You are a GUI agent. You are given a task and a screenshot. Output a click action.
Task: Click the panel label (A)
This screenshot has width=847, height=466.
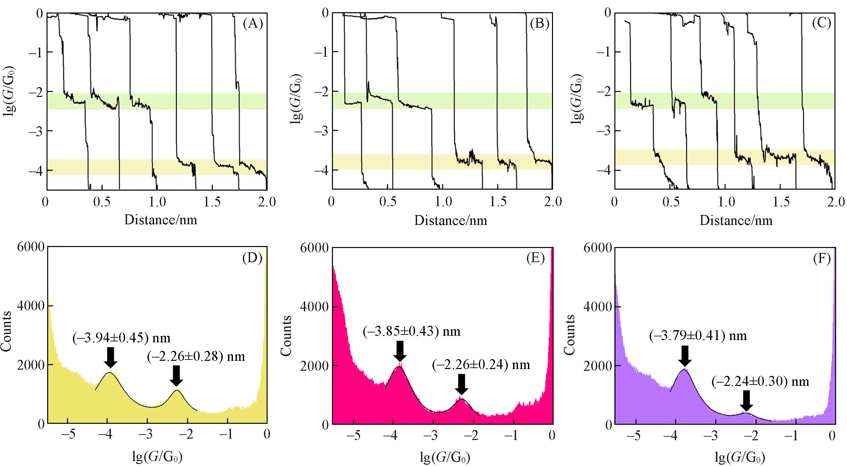[252, 24]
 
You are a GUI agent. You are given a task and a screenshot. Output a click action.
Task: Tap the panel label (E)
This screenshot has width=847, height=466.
[535, 258]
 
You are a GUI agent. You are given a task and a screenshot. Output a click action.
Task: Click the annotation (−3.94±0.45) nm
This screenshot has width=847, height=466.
[121, 338]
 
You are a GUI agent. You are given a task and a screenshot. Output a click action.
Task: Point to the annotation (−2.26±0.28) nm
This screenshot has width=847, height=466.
[196, 357]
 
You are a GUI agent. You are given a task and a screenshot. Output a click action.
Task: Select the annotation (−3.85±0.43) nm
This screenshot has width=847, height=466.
[411, 331]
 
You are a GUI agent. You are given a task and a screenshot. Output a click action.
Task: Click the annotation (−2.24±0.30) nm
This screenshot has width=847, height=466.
[760, 382]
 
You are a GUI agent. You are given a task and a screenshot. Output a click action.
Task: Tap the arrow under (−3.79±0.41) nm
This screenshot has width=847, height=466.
[685, 356]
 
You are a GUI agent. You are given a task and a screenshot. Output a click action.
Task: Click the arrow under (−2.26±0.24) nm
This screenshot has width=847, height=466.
[461, 384]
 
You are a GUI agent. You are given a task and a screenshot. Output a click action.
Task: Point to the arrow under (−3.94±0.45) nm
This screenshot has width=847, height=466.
[111, 357]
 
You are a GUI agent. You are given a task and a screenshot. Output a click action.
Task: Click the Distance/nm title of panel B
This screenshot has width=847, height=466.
[450, 220]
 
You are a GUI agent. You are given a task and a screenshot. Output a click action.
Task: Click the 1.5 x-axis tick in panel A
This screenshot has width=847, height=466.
[212, 202]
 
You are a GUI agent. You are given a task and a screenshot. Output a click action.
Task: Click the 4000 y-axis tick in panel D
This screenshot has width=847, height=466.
[31, 306]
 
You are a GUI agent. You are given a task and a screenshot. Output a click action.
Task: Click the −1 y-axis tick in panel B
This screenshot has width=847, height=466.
[321, 52]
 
